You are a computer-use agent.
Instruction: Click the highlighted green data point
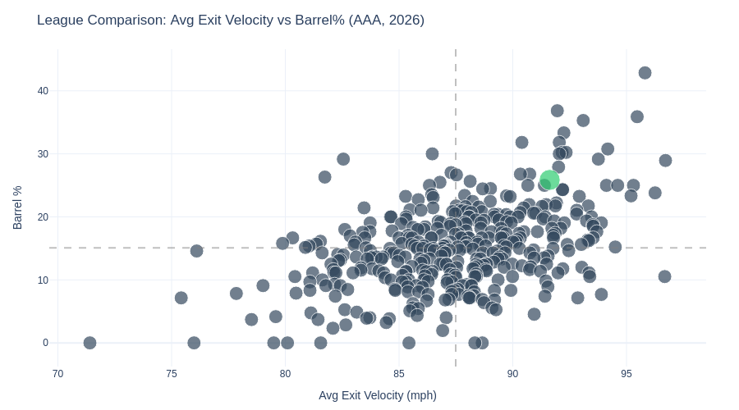coord(549,180)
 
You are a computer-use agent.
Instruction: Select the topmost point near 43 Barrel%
coord(645,73)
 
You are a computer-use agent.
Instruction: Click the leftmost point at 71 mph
coord(90,343)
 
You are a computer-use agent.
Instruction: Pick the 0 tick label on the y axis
coord(45,343)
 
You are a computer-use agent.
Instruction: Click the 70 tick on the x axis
coord(57,374)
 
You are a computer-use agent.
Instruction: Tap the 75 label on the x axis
coord(172,374)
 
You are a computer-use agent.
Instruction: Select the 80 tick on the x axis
coord(285,374)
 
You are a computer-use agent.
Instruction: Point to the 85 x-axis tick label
coord(399,374)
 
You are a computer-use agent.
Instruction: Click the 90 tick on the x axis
coord(512,374)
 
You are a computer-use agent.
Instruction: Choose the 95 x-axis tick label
coord(627,374)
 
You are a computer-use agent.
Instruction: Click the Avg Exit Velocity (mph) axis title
coord(378,395)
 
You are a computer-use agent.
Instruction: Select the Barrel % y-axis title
coord(17,207)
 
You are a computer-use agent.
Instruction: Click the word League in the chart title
coord(60,20)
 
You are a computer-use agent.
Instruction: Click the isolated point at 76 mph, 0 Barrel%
coord(194,343)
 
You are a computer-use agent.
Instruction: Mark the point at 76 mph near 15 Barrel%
coord(196,251)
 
